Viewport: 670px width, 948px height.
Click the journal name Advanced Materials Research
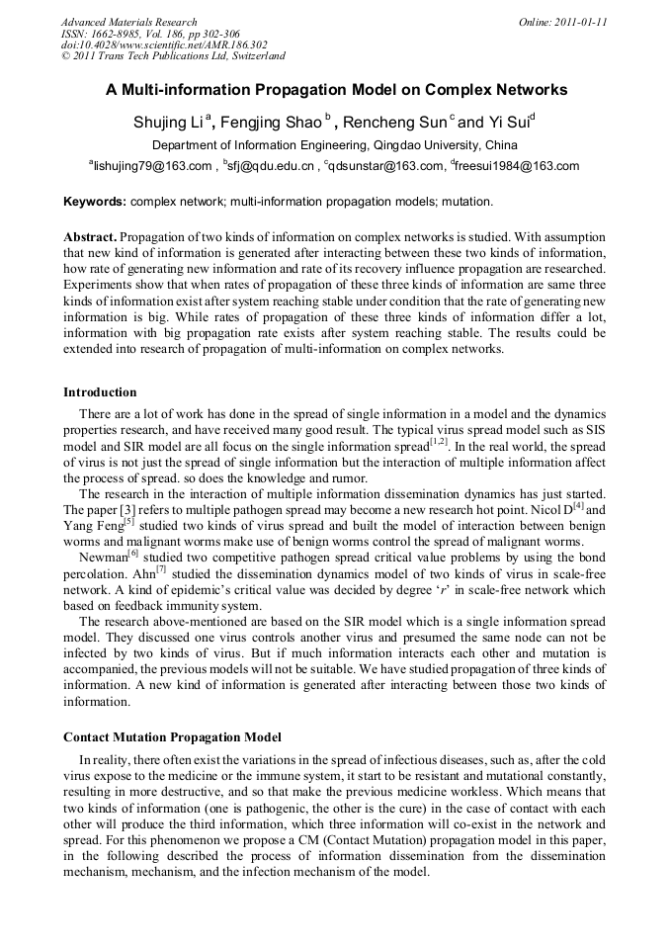click(128, 22)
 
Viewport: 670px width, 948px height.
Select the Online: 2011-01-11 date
click(562, 22)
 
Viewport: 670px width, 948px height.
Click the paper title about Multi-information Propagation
click(336, 90)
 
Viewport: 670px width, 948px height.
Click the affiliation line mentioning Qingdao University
click(334, 144)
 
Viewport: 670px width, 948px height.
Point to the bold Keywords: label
click(95, 202)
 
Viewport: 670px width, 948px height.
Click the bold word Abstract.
click(90, 238)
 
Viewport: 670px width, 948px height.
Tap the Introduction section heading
click(100, 392)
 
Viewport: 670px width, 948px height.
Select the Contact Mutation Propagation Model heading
click(172, 737)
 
